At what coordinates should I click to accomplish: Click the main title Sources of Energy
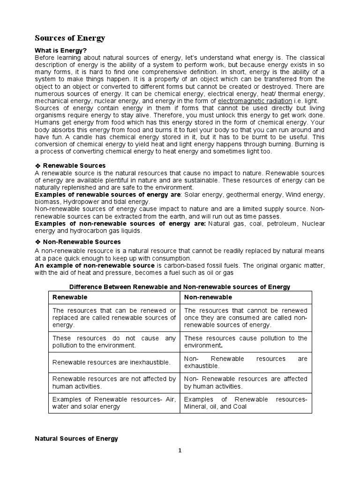70,38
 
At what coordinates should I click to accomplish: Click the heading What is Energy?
61,50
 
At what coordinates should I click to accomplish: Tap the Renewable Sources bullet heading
74,165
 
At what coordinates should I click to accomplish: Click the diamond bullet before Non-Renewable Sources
38,242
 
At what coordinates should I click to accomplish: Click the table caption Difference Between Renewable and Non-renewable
180,286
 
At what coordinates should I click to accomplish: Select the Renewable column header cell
114,298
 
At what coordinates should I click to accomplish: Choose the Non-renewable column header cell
246,298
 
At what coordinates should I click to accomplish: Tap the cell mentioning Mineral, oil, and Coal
246,403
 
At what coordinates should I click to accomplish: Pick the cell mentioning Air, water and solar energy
114,403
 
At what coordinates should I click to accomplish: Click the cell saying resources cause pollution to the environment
246,342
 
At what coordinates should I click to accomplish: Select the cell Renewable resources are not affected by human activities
114,382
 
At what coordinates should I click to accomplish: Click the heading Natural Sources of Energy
77,439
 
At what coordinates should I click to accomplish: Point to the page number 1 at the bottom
180,451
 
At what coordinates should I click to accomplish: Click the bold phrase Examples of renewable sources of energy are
108,194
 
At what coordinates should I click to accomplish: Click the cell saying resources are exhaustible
246,362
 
